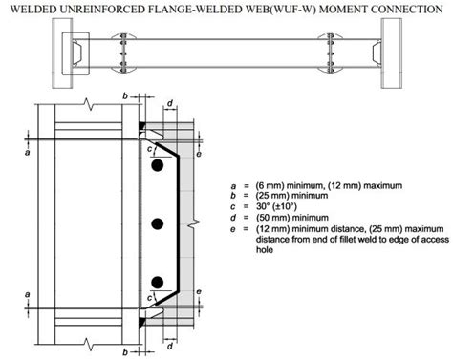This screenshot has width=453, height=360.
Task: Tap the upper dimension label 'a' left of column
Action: pyautogui.click(x=30, y=151)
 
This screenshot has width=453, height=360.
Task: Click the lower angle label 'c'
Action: pyautogui.click(x=149, y=299)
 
